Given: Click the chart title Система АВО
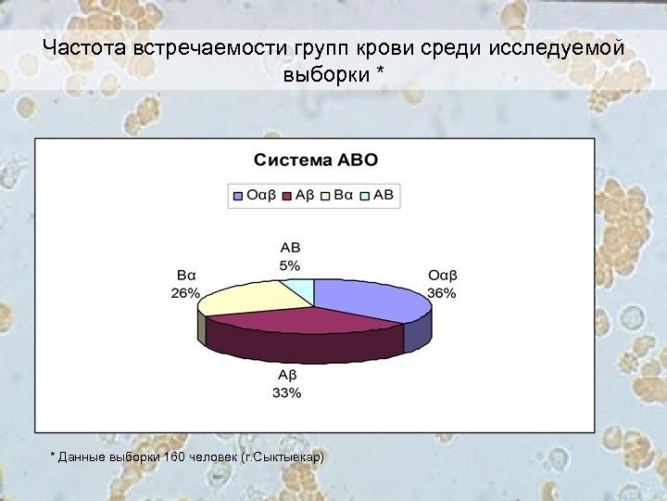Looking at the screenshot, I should click(316, 160).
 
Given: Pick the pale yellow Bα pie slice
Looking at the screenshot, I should click(243, 297).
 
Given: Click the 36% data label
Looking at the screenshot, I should click(442, 293).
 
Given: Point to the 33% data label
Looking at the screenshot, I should click(287, 392).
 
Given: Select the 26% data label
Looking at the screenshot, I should click(185, 293).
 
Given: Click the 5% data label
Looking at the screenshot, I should click(290, 265).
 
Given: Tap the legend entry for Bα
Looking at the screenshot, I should click(343, 195).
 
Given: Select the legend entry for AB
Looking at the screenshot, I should click(379, 195).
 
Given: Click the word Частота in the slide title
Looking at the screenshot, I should click(85, 48).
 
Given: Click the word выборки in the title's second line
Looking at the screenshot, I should click(325, 73).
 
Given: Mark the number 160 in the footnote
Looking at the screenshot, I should click(174, 457).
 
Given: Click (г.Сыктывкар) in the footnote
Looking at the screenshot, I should click(283, 457).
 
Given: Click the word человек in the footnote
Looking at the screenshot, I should click(214, 457).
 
